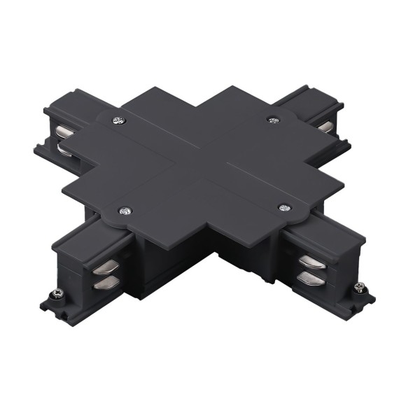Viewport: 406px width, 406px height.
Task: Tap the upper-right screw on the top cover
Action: tap(273, 120)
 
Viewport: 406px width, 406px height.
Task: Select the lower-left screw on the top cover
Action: tap(125, 209)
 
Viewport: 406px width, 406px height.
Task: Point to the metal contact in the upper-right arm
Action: tap(325, 126)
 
